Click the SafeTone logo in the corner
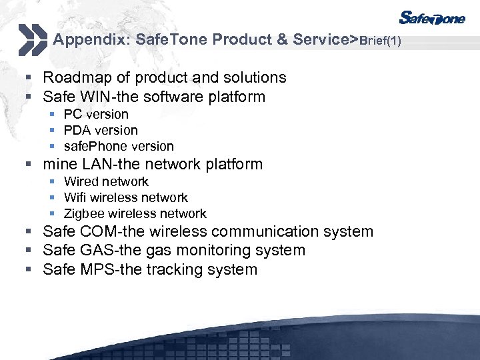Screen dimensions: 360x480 point(432,19)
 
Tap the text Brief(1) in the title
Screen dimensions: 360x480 point(381,41)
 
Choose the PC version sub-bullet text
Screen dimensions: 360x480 point(96,115)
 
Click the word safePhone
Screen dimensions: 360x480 point(92,147)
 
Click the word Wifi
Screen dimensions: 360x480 point(75,198)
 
